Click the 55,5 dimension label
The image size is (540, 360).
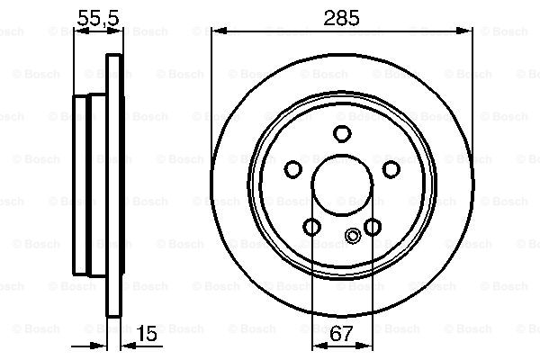[x=95, y=15]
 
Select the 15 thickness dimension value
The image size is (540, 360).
[x=148, y=335]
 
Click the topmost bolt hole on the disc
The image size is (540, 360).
[x=342, y=134]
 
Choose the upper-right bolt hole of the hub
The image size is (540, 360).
[x=391, y=168]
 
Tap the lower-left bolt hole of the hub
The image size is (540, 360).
[x=311, y=226]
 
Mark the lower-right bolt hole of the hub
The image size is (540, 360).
[x=373, y=226]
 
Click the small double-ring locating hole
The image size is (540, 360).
[x=353, y=238]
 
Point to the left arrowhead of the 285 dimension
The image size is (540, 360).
[x=218, y=32]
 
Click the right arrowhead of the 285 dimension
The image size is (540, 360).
[x=467, y=32]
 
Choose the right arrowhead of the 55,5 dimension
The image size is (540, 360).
[x=114, y=32]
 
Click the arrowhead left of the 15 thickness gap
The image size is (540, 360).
[x=102, y=346]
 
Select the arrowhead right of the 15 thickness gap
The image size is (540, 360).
[x=126, y=346]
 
